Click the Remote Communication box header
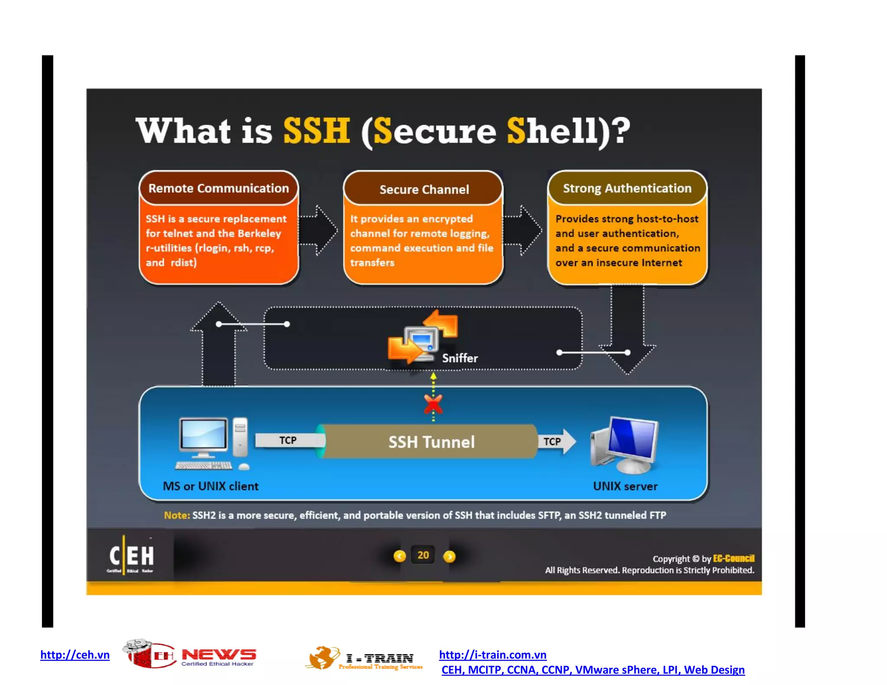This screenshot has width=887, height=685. click(218, 188)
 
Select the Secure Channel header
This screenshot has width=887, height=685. click(424, 189)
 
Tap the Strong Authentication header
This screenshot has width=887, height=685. click(627, 188)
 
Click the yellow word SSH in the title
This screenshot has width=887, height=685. click(316, 130)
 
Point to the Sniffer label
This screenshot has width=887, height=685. click(460, 358)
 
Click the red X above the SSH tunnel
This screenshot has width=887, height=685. click(433, 404)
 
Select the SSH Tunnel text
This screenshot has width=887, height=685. click(431, 442)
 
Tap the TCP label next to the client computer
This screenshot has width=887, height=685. click(288, 440)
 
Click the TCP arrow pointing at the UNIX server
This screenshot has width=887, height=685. click(557, 441)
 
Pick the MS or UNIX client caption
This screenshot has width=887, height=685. click(210, 486)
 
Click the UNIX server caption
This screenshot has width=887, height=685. click(625, 486)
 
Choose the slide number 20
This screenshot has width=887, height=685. click(423, 555)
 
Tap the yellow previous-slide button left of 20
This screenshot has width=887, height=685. click(399, 556)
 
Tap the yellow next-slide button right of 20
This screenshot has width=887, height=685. click(450, 556)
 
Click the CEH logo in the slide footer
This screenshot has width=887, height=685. click(131, 556)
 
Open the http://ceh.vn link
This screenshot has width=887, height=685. click(75, 655)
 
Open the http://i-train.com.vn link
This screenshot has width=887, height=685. click(492, 655)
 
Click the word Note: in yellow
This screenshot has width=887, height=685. click(177, 515)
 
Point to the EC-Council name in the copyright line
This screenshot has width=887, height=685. click(733, 559)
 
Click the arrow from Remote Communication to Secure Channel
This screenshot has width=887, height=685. click(318, 230)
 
